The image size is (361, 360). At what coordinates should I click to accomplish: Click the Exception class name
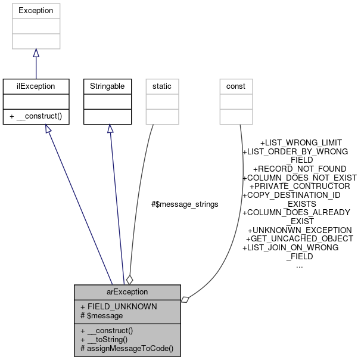[x=36, y=11]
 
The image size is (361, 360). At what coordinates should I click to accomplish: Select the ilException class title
[x=36, y=86]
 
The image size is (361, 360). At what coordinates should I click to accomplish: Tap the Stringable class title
[x=107, y=86]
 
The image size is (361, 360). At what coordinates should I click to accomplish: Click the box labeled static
[x=162, y=86]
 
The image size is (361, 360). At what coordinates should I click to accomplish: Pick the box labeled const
[x=236, y=86]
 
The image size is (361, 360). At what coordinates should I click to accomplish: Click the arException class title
[x=127, y=292]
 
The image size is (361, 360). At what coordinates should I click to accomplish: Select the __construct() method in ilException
[x=36, y=116]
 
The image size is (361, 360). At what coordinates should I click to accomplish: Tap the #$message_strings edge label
[x=185, y=204]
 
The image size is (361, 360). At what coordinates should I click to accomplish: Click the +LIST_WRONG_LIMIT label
[x=301, y=143]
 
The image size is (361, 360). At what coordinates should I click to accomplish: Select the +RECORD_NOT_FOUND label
[x=299, y=169]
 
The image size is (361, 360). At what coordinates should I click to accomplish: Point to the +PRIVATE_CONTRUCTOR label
[x=299, y=187]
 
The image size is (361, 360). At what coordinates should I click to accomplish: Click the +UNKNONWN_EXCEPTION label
[x=299, y=230]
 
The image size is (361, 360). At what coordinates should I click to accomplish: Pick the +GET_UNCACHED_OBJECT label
[x=299, y=238]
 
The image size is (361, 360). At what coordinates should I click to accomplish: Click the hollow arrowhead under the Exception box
[x=36, y=54]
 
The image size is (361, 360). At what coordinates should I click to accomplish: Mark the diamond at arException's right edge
[x=185, y=299]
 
